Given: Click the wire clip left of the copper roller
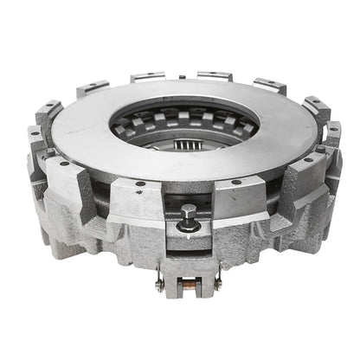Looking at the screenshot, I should pyautogui.click(x=160, y=283).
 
